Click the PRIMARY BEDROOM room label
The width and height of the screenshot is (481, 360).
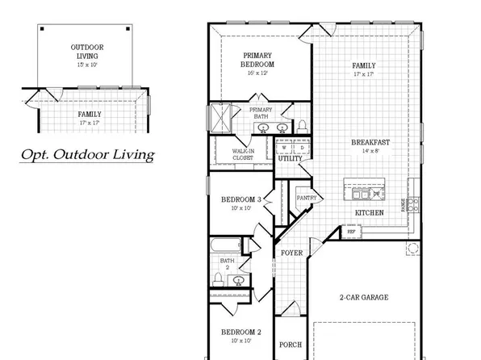point(259,60)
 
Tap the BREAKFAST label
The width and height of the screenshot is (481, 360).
point(370,143)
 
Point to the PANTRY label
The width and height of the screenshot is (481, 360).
point(306,198)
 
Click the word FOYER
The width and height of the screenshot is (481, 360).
point(291,253)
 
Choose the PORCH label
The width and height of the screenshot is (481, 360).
point(291,345)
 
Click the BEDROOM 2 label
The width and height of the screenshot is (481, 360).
point(242,332)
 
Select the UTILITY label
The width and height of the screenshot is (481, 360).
point(290,158)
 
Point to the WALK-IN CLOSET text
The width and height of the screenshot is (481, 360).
point(244,154)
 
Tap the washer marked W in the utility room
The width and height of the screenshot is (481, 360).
point(282,147)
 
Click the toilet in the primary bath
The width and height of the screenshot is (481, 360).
point(303,125)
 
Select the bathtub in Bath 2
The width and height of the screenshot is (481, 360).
point(226,245)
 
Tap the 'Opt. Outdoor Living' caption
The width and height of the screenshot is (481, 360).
point(87,154)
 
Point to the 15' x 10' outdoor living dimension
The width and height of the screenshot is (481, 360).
point(86,64)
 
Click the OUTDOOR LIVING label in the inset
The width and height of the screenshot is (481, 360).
point(86,52)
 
